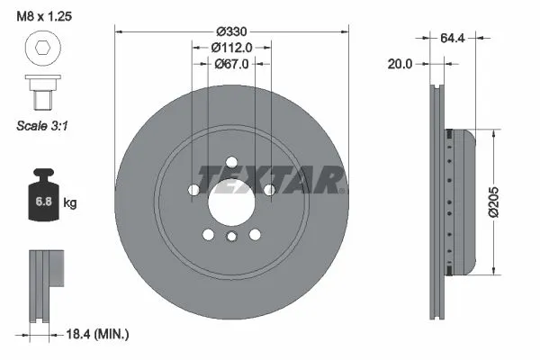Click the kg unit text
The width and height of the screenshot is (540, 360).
click(x=70, y=203)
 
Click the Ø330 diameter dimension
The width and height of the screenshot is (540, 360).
click(x=231, y=31)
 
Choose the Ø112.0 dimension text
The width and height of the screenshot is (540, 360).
click(x=231, y=47)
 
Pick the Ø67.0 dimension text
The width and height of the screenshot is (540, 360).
click(x=231, y=63)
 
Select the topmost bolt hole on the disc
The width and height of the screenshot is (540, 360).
click(x=231, y=162)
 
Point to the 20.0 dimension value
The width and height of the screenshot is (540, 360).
click(x=400, y=64)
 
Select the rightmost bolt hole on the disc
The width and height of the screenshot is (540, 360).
click(x=268, y=189)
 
